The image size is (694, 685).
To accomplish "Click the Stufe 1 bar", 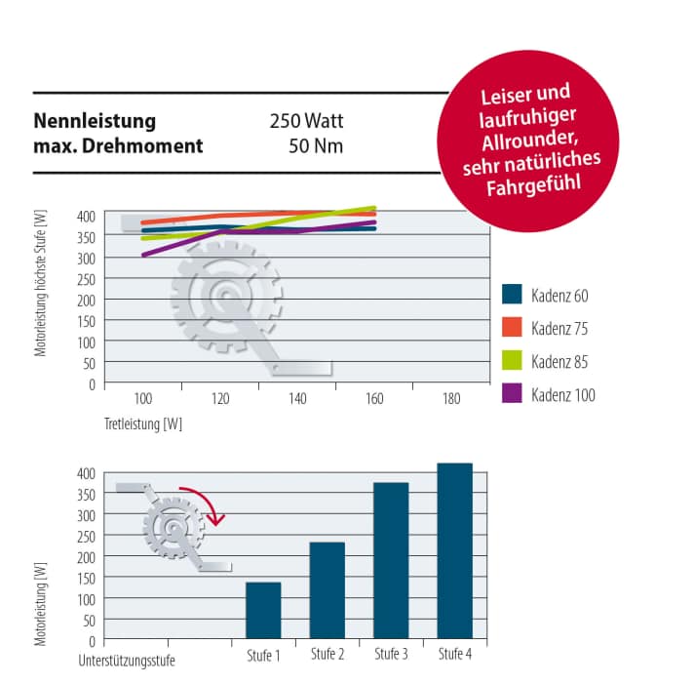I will click(263, 611).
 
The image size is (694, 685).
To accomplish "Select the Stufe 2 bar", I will click(328, 590).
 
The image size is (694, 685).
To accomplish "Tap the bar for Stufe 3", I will click(391, 561).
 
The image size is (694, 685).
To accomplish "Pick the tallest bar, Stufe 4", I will click(455, 551).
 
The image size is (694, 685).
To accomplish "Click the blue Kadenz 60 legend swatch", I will click(513, 295).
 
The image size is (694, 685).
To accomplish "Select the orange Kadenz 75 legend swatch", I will click(513, 328).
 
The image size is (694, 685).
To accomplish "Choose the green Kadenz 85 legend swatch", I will click(513, 361).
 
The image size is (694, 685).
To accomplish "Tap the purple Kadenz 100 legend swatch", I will click(513, 394).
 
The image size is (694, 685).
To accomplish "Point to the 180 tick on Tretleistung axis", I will click(450, 399).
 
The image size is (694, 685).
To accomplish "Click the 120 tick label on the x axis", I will click(219, 399).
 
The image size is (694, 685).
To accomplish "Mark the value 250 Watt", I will click(307, 122).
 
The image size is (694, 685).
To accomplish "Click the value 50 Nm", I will click(316, 146).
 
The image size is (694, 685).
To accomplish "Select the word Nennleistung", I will click(96, 122).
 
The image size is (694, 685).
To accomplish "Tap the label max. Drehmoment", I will click(119, 146).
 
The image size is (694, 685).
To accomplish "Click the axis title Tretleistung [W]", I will click(143, 424).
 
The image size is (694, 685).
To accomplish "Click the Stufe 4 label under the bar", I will click(455, 654).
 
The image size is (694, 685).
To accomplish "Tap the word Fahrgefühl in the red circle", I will click(530, 184).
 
